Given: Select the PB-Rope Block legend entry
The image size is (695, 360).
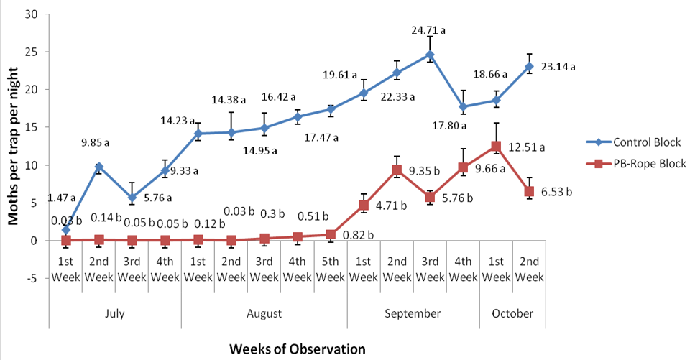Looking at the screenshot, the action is (636, 164).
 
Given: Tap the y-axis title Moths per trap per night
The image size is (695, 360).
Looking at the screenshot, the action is (14, 147).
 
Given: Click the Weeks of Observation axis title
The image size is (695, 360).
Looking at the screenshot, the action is (297, 349).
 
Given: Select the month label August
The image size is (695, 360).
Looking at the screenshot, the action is (264, 314).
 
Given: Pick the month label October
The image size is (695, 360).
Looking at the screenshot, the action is (512, 314).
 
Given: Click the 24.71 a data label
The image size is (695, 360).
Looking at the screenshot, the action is (428, 31).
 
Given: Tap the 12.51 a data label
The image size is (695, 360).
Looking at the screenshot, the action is (527, 147).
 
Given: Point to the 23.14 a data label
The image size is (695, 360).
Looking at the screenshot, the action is (557, 67).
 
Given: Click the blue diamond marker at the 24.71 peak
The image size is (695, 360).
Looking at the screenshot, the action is (430, 55).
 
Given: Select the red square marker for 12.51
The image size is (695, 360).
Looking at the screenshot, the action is (496, 147).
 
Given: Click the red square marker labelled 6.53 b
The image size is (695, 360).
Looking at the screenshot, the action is (529, 192).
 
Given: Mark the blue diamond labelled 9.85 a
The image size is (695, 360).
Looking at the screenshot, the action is (99, 167).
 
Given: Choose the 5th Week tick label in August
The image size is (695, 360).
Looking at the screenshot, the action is (330, 269).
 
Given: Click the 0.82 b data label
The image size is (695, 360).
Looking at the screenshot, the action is (358, 235).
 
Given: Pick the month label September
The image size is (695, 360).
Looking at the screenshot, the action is (413, 314).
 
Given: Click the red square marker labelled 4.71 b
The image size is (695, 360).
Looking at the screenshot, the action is (364, 206).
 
